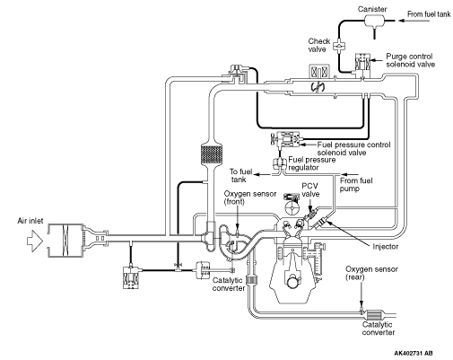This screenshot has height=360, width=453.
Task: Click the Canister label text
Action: coord(372,9)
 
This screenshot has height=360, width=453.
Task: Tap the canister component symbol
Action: coord(374,21)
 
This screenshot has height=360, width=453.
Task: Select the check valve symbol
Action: coord(339,46)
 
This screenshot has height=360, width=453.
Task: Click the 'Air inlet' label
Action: coord(30,221)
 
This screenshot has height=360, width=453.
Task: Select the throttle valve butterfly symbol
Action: coord(318,87)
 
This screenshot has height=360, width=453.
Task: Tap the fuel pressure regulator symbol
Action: coord(279,163)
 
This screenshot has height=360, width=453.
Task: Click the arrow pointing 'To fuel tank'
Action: coord(263,174)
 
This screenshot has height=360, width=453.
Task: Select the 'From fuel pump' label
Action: coord(356,185)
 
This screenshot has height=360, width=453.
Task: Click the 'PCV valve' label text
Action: coord(310,190)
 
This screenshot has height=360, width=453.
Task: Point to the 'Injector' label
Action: coord(386,247)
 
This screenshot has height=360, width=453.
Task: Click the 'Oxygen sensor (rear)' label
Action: coord(371,273)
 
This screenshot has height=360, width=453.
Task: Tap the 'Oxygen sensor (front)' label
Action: coord(250,198)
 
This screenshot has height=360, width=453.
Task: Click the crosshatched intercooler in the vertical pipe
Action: coord(212,154)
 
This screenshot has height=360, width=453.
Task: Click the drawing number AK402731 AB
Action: coord(414,354)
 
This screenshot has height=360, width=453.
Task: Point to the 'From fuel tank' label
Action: coord(429,14)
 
